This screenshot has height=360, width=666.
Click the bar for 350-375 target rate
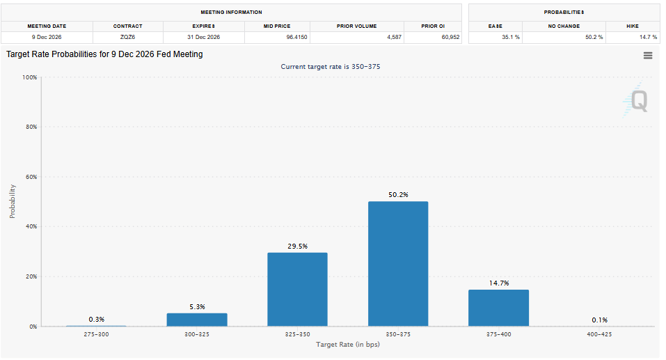point(398,264)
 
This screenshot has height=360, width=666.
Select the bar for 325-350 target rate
point(297,289)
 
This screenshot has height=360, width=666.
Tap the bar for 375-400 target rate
point(498,308)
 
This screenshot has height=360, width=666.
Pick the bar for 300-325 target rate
point(196,320)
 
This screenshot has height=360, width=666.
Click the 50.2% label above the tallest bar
point(398,195)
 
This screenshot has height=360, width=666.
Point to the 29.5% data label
point(297,246)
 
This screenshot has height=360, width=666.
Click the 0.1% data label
point(599,320)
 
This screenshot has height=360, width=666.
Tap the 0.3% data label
point(97,319)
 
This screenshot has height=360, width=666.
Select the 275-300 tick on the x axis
point(96,334)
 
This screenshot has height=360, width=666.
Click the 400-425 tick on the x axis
point(599,334)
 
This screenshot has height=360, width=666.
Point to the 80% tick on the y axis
point(29,127)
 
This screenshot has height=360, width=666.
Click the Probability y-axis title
point(13,201)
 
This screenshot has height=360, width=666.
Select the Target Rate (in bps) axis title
point(348,345)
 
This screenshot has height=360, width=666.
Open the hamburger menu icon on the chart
point(648,56)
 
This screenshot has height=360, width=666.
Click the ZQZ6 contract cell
point(127,37)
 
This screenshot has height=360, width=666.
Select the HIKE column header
point(632,26)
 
